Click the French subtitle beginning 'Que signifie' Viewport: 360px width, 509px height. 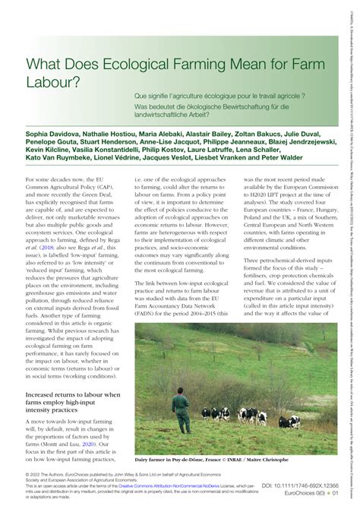click(241, 97)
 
